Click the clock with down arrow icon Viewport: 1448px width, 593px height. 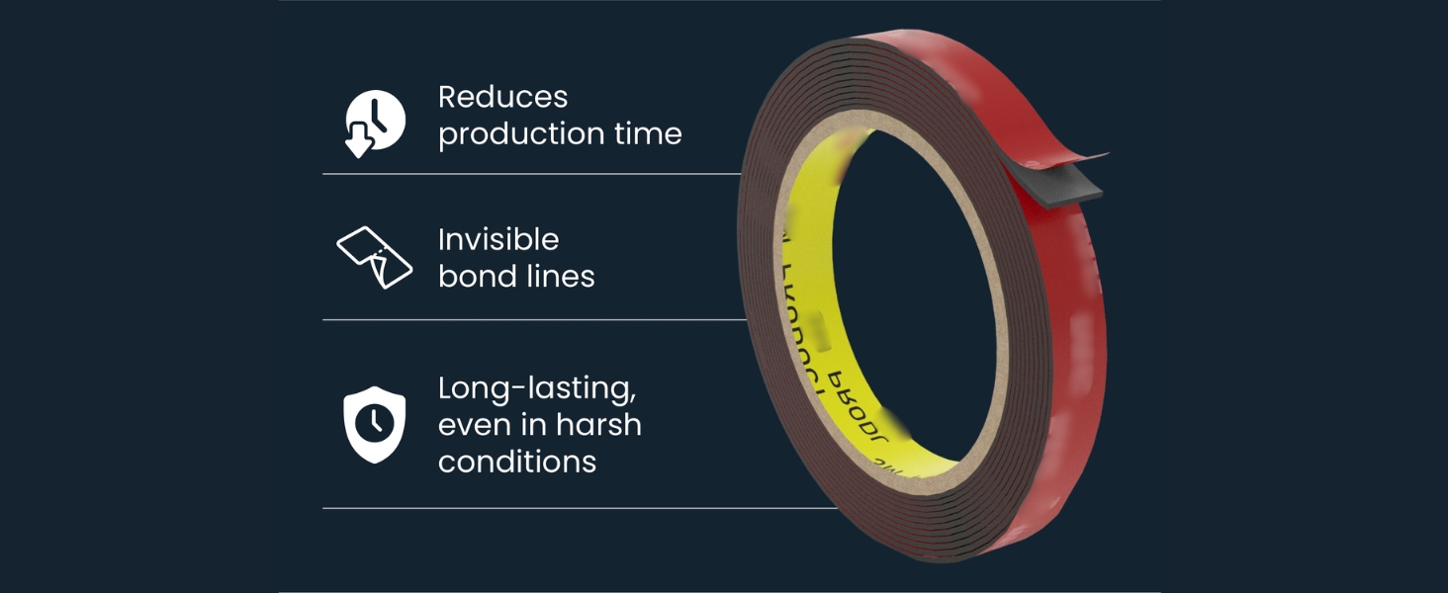click(375, 123)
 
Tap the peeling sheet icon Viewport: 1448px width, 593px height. click(374, 257)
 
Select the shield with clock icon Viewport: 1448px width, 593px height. click(374, 424)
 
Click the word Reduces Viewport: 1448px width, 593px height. click(502, 97)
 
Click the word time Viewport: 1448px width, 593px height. click(649, 133)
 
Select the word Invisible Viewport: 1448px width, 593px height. click(498, 239)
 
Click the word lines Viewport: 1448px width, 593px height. click(559, 276)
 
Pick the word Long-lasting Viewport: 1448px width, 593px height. click(536, 389)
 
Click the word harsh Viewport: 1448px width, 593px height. click(597, 425)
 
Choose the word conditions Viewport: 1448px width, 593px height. click(516, 462)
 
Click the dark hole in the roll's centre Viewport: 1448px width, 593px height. click(915, 296)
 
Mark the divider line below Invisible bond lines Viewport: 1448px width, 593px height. click(534, 319)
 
